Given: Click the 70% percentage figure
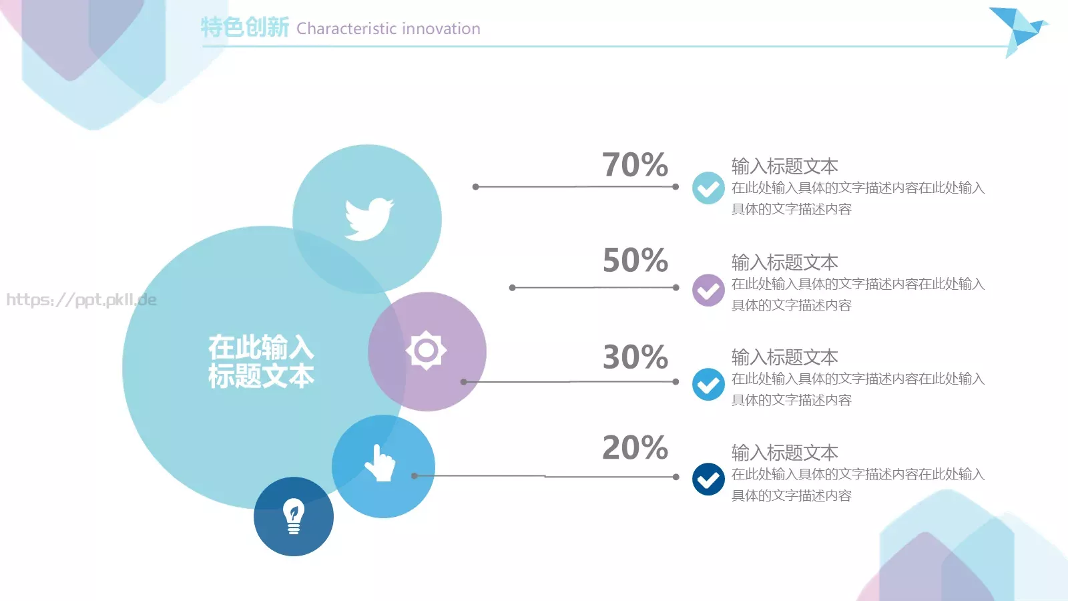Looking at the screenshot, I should [x=635, y=165].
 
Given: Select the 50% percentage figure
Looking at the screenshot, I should [x=635, y=260].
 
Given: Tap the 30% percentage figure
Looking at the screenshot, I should [x=635, y=357].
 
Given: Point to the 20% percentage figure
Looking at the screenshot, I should [x=635, y=448].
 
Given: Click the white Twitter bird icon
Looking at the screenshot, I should [x=368, y=218].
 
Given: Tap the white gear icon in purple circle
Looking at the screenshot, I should [x=426, y=350].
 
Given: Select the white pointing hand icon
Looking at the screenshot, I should [x=380, y=463].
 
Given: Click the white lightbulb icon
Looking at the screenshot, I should [x=294, y=516].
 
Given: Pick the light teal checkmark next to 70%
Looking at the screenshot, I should [x=708, y=188].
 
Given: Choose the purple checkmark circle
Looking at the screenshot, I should [x=708, y=290].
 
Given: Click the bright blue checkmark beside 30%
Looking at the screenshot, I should [x=708, y=385].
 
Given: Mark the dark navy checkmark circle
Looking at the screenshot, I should [x=708, y=479].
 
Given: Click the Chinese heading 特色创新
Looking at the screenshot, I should [x=244, y=27].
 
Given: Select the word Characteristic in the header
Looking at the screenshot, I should [x=347, y=29].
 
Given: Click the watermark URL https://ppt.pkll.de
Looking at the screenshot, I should [x=81, y=300].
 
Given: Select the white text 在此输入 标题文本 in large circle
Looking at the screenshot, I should [x=261, y=361].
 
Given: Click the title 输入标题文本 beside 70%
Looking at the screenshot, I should [x=784, y=166].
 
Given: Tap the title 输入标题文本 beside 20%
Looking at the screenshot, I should [x=784, y=453].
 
